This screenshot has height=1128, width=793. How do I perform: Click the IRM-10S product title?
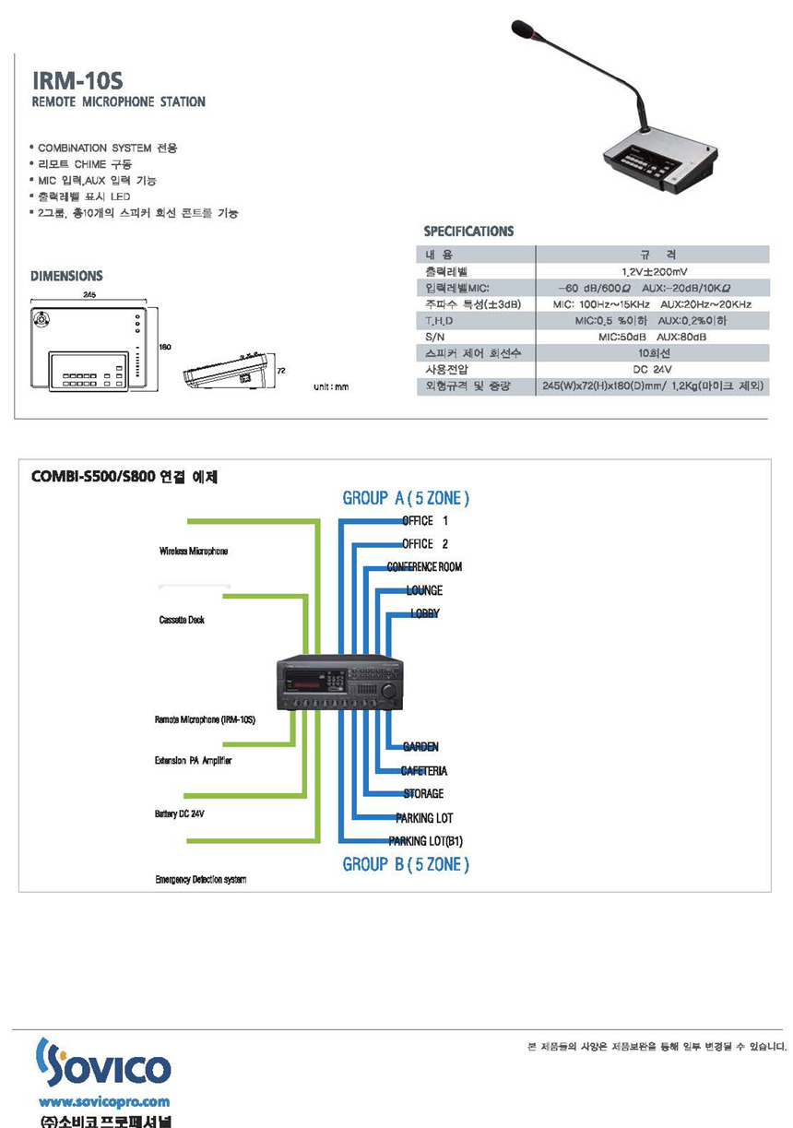point(70,80)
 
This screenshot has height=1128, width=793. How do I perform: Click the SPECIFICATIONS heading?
point(468,231)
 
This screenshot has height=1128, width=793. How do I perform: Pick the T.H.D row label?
point(440,320)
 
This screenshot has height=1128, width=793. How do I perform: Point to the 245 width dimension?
point(89,295)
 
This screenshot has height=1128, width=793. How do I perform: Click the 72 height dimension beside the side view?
point(282,368)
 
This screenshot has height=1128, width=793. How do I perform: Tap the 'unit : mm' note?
point(331,387)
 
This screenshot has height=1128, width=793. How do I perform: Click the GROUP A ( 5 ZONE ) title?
point(406,498)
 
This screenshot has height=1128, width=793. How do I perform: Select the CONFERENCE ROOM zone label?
point(424,566)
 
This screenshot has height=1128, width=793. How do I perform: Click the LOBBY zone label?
point(424,612)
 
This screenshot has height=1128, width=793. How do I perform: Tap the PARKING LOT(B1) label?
point(425,840)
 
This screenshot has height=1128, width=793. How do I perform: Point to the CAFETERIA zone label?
point(424,770)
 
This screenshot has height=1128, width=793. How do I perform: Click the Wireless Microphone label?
point(193,551)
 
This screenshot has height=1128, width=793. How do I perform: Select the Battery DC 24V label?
point(179,814)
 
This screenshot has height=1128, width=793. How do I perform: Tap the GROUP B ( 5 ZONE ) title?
point(406,864)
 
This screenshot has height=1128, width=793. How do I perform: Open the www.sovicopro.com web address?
point(103,1101)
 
